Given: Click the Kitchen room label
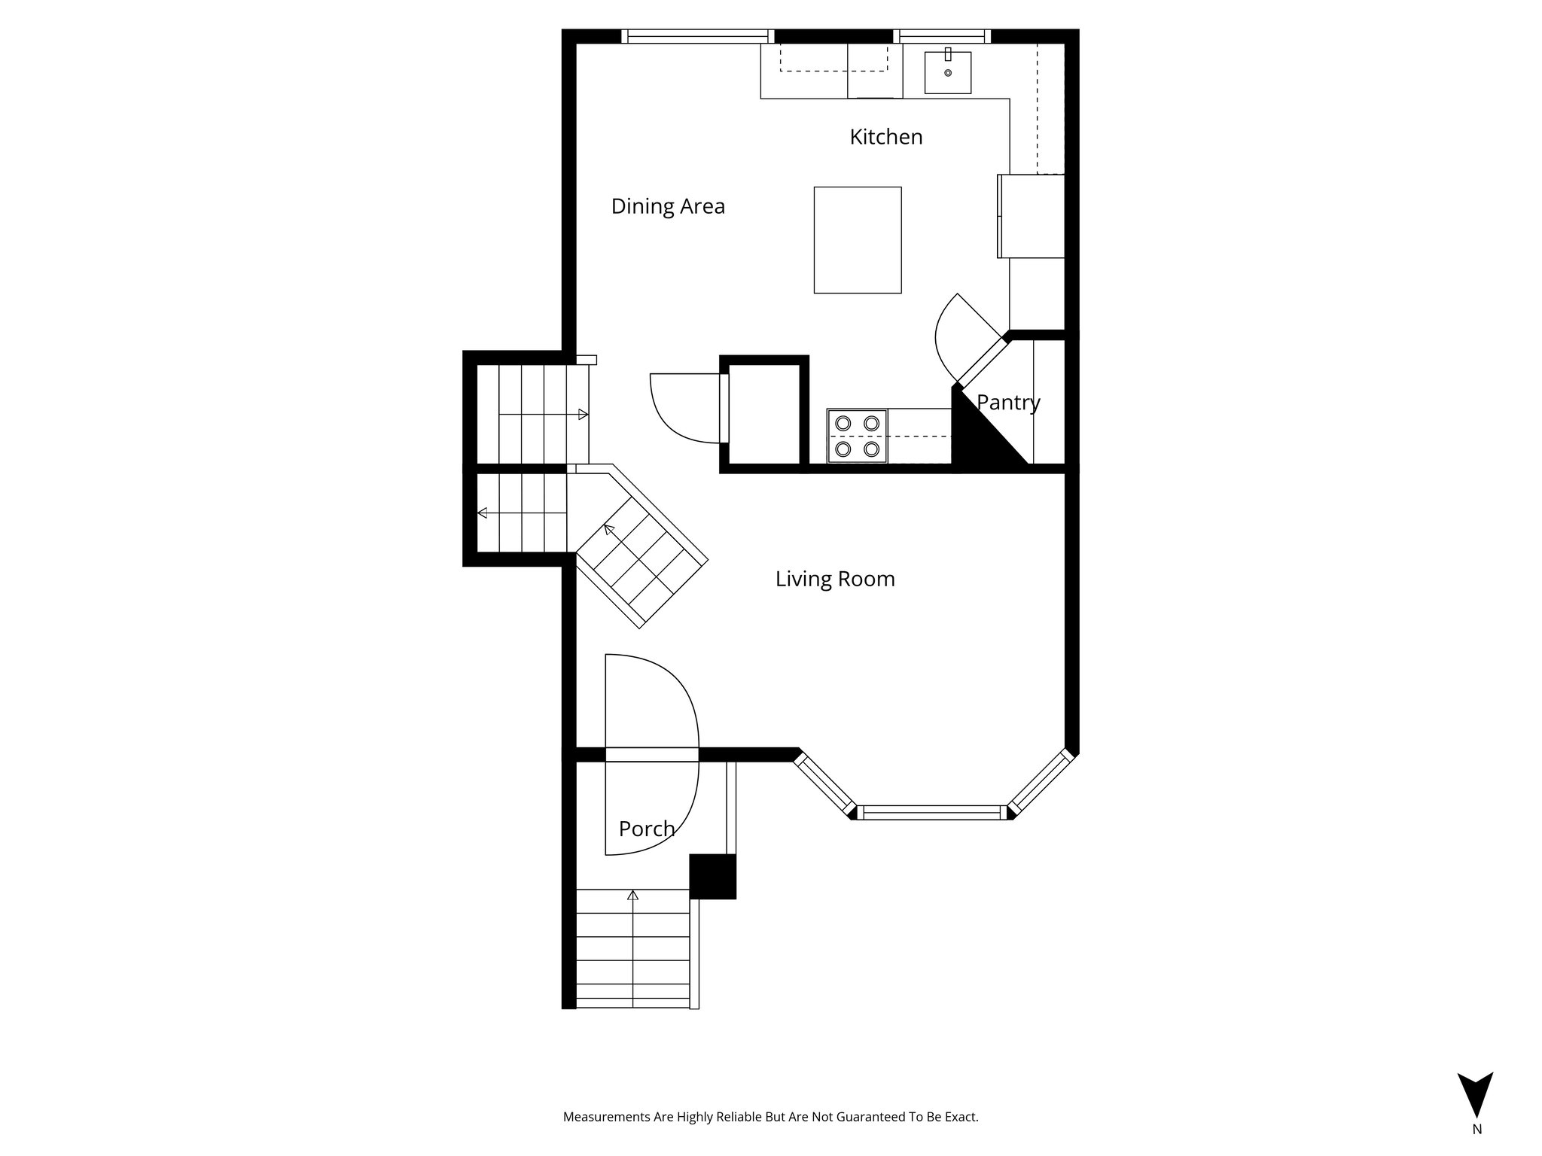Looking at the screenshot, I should (x=885, y=137).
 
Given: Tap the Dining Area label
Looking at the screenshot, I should (x=668, y=206).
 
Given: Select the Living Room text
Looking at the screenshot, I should (x=835, y=579).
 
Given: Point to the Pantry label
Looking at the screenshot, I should (x=1008, y=403).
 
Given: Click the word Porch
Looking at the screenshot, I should (x=646, y=829).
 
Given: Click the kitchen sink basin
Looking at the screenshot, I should (x=947, y=72).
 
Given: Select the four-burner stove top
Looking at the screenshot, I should (x=857, y=436).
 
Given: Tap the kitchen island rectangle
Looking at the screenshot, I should (x=857, y=239).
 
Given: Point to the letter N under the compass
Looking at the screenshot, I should (x=1477, y=1150).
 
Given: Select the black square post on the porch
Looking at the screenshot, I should (x=712, y=876).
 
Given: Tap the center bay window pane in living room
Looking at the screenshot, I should (x=931, y=812).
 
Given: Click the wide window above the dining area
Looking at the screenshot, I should (x=697, y=35).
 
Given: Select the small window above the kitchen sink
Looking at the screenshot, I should (x=942, y=35).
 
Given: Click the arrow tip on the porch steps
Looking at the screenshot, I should (x=632, y=895).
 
